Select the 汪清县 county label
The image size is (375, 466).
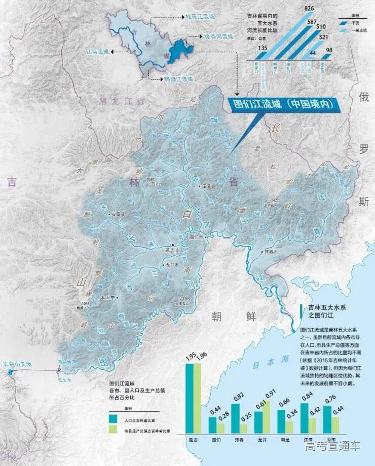(x=210, y=187)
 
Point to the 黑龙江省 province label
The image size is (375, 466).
(x=122, y=101)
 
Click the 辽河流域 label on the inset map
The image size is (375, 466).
(x=98, y=52)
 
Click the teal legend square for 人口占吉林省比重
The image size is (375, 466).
(x=113, y=419)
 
